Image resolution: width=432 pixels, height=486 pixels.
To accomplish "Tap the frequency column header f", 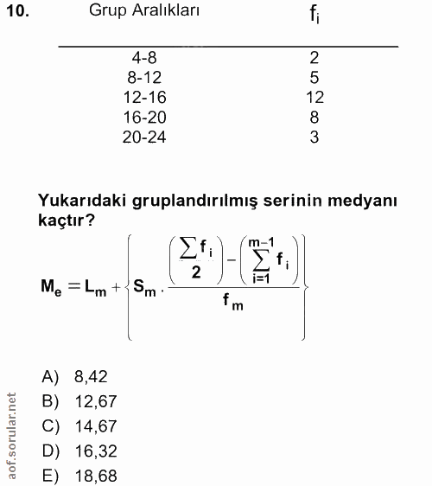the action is pos(314,16).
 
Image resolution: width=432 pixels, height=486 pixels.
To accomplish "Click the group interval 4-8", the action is pos(144,59).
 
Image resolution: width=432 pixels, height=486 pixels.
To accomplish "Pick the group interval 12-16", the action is pos(144,98).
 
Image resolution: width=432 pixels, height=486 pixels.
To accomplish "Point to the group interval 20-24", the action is pos(144,137).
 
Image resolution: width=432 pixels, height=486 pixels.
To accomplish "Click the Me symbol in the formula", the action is pos(53,286).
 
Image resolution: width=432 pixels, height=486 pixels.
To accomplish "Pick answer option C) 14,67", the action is pos(79,426).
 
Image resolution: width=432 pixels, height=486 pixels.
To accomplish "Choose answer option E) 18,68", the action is pos(79,476).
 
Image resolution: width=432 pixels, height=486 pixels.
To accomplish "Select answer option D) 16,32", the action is pos(79,451).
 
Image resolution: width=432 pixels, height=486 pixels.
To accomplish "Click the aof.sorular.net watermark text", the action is pos(11,437).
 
